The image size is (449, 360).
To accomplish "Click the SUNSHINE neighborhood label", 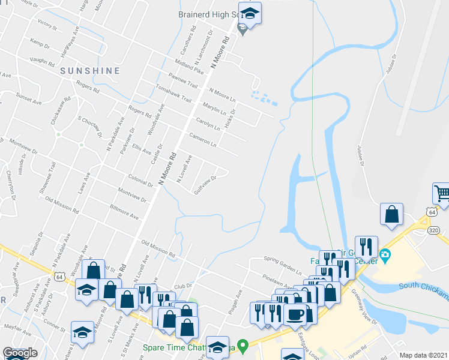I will pyautogui.click(x=90, y=71).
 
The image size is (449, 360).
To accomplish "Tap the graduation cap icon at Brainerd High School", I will pyautogui.click(x=250, y=12).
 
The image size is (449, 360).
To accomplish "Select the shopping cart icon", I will pyautogui.click(x=442, y=193).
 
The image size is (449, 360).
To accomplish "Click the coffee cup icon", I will pyautogui.click(x=295, y=314).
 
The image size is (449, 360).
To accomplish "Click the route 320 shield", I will pyautogui.click(x=433, y=230).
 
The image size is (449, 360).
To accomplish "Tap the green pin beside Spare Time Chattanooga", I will pyautogui.click(x=243, y=346).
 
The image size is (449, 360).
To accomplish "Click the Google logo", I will pyautogui.click(x=20, y=353).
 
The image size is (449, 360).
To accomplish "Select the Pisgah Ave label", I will pyautogui.click(x=238, y=298).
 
